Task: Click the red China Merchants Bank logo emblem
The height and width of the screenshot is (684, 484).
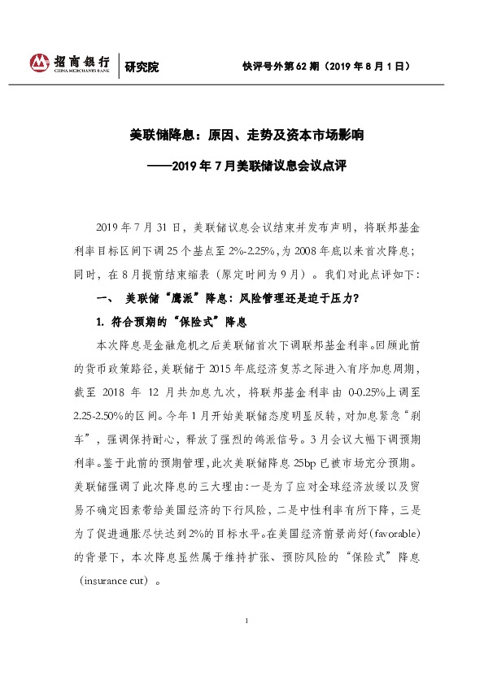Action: click(x=39, y=63)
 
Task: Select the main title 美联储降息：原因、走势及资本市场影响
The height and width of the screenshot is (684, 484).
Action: click(x=242, y=135)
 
